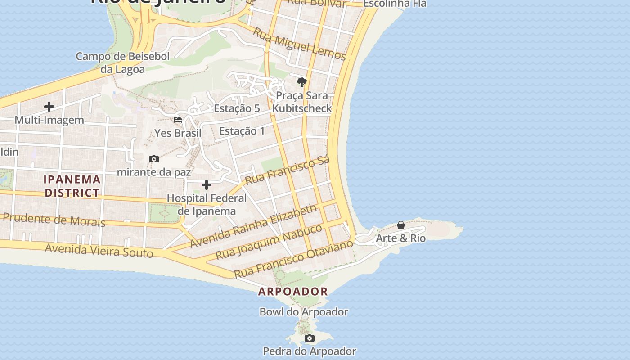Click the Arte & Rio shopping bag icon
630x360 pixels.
tap(401, 225)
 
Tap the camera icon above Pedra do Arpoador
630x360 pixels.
tap(310, 338)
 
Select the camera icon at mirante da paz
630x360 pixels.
tap(154, 159)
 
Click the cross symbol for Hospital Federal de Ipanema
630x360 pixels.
tap(207, 185)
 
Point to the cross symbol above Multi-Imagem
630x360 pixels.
tap(49, 107)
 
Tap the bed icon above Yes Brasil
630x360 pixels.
tap(178, 120)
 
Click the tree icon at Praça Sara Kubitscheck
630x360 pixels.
tap(302, 82)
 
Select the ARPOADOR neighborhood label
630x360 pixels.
tap(293, 291)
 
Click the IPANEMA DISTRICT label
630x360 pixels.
tap(72, 186)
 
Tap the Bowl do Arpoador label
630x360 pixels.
tap(304, 311)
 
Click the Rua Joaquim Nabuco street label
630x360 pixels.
tap(269, 242)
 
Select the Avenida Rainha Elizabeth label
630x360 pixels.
tap(254, 226)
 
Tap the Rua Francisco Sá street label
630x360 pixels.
tap(288, 170)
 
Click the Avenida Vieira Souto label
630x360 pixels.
tap(99, 251)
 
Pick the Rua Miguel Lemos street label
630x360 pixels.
tap(299, 44)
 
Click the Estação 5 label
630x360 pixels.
tap(237, 108)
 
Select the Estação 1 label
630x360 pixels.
tap(242, 131)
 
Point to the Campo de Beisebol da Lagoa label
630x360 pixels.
tap(122, 63)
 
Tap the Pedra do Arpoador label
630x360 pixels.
tap(309, 351)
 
